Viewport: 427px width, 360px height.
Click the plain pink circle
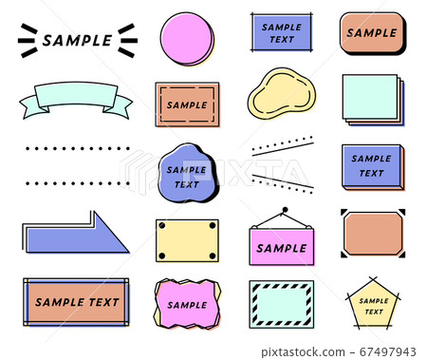(187, 39)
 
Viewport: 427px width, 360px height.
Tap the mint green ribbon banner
(76, 98)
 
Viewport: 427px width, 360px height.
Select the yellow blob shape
(280, 94)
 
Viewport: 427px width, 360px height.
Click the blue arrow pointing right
(76, 235)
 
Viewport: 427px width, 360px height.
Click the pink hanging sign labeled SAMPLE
(282, 246)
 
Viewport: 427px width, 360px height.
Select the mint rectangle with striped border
(281, 304)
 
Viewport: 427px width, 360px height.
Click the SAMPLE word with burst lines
(77, 40)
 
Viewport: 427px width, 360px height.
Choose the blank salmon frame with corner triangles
(372, 234)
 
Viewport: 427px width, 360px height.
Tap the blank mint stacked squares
(371, 98)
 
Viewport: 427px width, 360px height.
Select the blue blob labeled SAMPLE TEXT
(187, 173)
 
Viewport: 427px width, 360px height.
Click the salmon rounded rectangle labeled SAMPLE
(372, 33)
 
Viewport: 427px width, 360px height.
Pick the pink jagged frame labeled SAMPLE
(187, 304)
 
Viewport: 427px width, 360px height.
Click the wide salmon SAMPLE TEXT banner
(76, 302)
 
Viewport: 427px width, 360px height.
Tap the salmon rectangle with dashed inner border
(187, 104)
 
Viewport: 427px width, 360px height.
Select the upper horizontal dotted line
(76, 148)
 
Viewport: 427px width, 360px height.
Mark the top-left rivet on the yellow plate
(162, 226)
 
